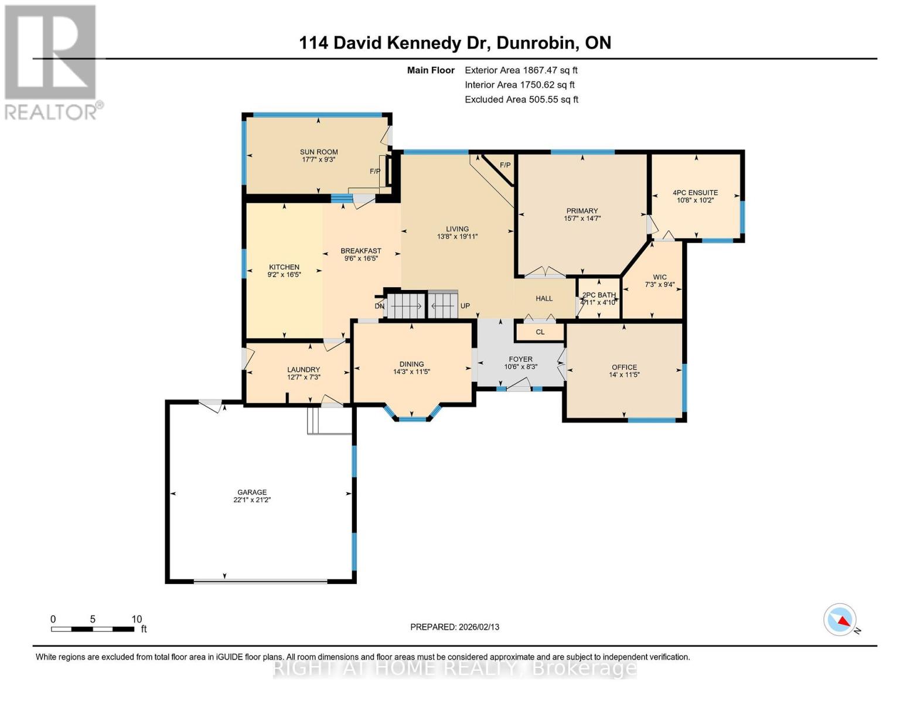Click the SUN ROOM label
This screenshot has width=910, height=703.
(x=319, y=152)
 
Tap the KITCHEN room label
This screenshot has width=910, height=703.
(x=284, y=267)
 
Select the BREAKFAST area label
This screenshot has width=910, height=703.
(x=362, y=251)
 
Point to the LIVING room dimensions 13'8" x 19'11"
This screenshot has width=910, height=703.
(x=457, y=237)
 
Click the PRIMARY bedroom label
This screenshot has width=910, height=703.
(x=582, y=211)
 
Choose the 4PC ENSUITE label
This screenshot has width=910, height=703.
(x=695, y=193)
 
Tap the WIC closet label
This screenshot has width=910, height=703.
(x=660, y=277)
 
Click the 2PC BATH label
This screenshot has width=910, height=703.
(x=599, y=295)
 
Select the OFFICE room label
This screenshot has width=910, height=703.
(x=624, y=367)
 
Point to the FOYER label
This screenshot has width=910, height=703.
(x=520, y=359)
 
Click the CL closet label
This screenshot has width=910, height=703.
(x=540, y=332)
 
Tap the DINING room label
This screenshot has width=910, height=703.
(x=411, y=364)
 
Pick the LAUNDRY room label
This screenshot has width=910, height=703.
(x=304, y=370)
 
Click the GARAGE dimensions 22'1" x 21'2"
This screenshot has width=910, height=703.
(x=252, y=500)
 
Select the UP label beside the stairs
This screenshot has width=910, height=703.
(x=465, y=306)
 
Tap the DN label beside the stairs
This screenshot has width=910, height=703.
(x=380, y=306)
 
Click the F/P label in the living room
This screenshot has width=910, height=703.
(x=505, y=165)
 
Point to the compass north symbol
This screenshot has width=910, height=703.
(x=841, y=620)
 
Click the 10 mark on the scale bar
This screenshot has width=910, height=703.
(x=137, y=619)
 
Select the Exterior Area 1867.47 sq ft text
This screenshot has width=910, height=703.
(x=521, y=70)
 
